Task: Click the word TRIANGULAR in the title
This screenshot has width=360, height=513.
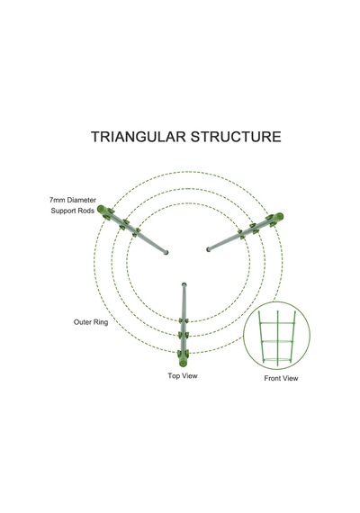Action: click(139, 137)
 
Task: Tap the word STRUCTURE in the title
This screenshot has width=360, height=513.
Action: click(236, 137)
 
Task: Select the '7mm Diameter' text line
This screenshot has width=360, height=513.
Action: click(73, 200)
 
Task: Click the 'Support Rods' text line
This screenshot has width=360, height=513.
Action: click(73, 211)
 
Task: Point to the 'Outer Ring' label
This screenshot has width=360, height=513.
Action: click(91, 322)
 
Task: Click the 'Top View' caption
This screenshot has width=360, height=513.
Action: click(183, 375)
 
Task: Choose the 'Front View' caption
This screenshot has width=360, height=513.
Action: click(281, 378)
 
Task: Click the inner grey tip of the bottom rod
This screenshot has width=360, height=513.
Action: click(184, 284)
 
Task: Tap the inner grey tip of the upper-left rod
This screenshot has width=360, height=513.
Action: click(166, 252)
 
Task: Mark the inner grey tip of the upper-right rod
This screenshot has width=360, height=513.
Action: click(209, 249)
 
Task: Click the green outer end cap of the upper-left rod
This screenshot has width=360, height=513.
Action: click(101, 209)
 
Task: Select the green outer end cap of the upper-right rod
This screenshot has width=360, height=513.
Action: click(279, 216)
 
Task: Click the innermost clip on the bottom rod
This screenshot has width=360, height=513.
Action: click(184, 320)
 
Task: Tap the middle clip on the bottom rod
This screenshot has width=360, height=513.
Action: click(184, 335)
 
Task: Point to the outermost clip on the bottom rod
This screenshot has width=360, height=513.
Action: click(184, 354)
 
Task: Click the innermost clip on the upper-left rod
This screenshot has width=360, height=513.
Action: click(137, 232)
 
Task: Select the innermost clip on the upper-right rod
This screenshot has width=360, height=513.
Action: click(241, 234)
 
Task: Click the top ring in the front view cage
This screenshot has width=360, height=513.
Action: click(277, 323)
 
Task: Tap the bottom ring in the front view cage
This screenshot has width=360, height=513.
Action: click(277, 361)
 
